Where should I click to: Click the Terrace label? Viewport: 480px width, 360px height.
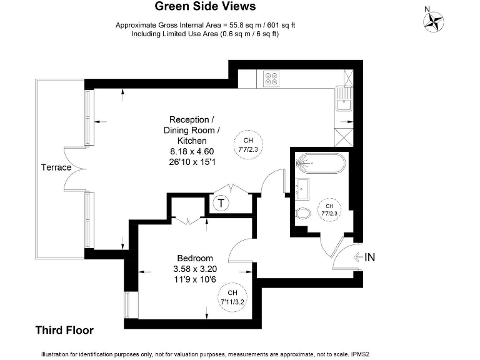click(x=56, y=167)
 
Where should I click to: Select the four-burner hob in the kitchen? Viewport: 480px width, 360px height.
click(x=272, y=77)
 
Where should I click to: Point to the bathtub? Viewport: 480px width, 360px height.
click(x=321, y=162)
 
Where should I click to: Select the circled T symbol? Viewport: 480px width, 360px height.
click(x=221, y=202)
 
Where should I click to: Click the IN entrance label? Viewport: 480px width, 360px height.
click(x=370, y=257)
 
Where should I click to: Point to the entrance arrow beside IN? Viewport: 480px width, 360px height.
click(x=357, y=257)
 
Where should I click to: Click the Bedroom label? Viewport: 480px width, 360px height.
click(x=195, y=258)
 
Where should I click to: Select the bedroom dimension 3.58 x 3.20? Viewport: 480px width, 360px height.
click(x=195, y=269)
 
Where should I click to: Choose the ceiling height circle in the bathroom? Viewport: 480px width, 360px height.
click(x=329, y=209)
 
